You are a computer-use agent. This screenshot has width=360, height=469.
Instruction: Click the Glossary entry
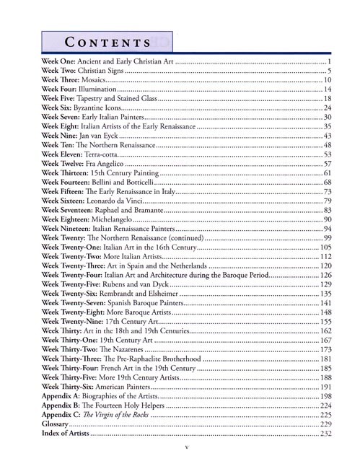point(58,424)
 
